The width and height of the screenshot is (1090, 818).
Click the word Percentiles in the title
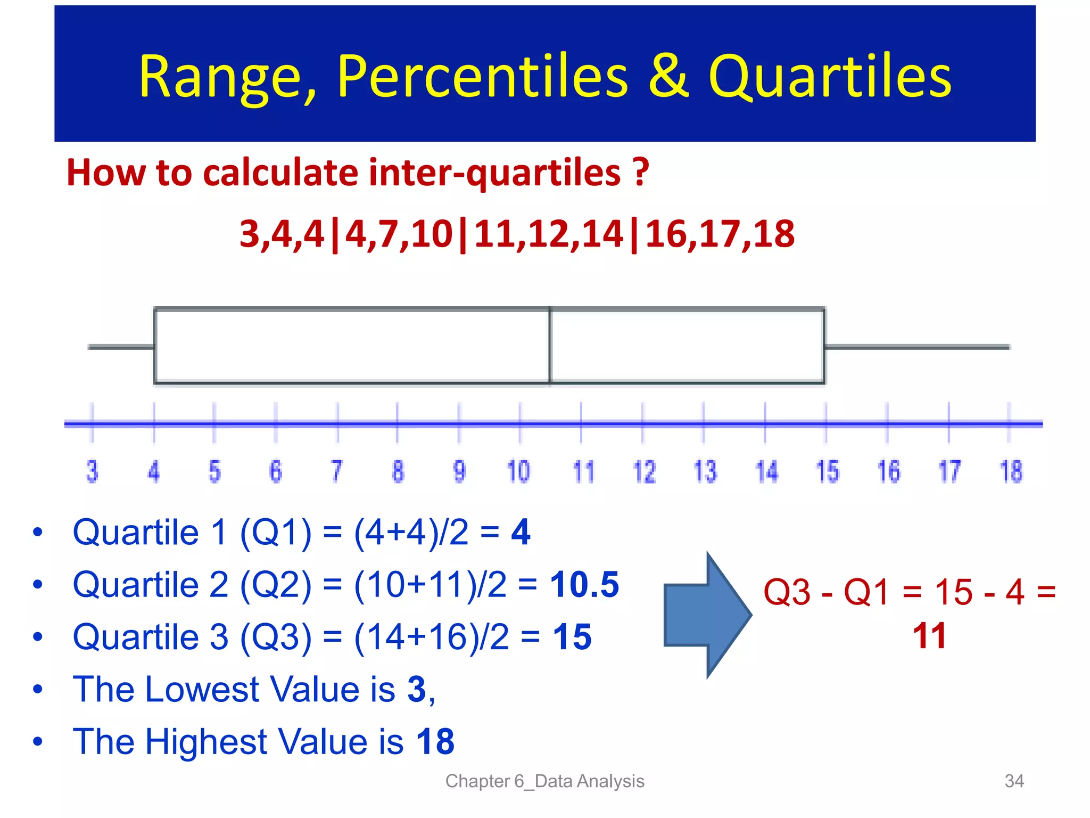482,77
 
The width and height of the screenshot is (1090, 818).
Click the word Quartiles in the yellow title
829,77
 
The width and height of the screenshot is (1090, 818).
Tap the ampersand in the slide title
668,77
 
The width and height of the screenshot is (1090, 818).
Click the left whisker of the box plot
121,347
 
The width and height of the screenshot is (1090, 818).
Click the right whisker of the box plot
916,347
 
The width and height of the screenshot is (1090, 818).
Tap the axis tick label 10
518,472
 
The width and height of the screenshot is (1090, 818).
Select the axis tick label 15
827,472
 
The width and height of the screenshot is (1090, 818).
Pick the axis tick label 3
92,472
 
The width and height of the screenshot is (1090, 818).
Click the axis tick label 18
1011,472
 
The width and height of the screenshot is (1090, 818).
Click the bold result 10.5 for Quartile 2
584,585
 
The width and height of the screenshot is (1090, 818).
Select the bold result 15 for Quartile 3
572,637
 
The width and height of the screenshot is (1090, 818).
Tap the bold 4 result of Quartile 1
521,532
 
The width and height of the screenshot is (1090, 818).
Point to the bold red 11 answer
929,636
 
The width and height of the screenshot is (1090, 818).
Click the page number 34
1014,781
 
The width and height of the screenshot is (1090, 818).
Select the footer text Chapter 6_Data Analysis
544,781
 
